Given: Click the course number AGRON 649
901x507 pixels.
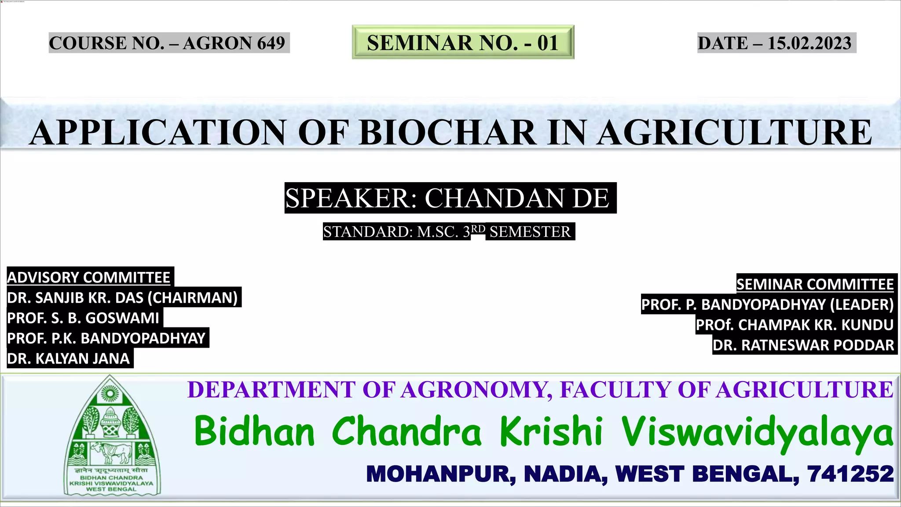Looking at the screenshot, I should pyautogui.click(x=234, y=43).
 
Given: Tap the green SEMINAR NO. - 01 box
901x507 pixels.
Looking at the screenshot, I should pyautogui.click(x=463, y=43).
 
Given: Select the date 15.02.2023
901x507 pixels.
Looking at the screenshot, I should pyautogui.click(x=809, y=43).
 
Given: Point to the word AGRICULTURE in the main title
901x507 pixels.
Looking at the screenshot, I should pyautogui.click(x=735, y=132).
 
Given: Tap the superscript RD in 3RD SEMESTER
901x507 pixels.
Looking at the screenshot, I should pyautogui.click(x=478, y=229).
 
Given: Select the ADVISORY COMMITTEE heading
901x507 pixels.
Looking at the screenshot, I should pyautogui.click(x=89, y=277).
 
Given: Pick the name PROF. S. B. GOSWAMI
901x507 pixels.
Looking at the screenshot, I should pyautogui.click(x=83, y=318).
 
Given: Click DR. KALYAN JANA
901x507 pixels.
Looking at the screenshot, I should pyautogui.click(x=69, y=359).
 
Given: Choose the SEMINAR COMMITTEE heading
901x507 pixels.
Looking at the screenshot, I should pyautogui.click(x=815, y=284).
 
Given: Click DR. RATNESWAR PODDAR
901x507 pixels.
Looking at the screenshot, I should pyautogui.click(x=803, y=345).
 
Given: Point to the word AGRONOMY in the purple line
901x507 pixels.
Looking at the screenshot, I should pyautogui.click(x=475, y=390).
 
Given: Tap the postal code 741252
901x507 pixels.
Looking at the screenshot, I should pyautogui.click(x=850, y=474).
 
